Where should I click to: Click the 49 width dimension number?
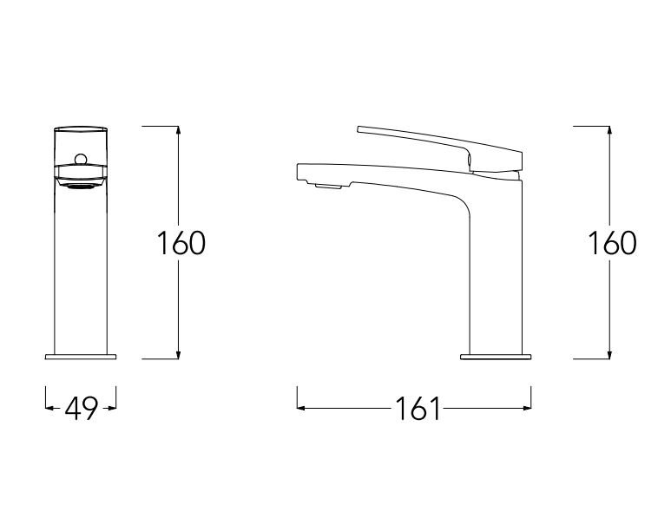pyautogui.click(x=82, y=408)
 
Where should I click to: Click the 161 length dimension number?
pyautogui.click(x=418, y=408)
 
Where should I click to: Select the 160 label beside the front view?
pyautogui.click(x=181, y=243)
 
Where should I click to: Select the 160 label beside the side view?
pyautogui.click(x=612, y=243)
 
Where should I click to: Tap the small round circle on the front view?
pyautogui.click(x=81, y=159)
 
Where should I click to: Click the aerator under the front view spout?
pyautogui.click(x=81, y=186)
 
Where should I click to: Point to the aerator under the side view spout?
pyautogui.click(x=328, y=186)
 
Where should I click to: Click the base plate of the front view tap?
pyautogui.click(x=81, y=357)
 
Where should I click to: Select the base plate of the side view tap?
pyautogui.click(x=496, y=357)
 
